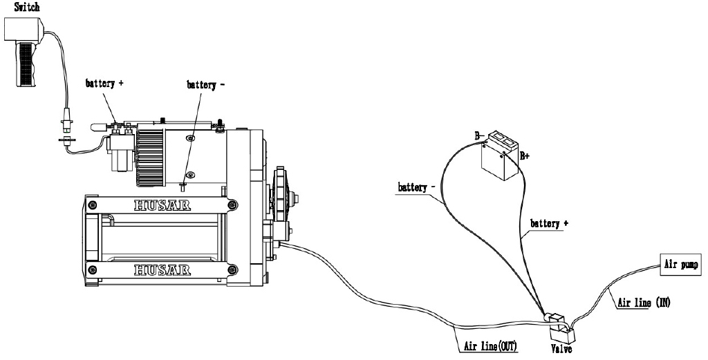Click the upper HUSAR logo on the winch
tap(163, 205)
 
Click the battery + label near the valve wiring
tap(550, 224)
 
